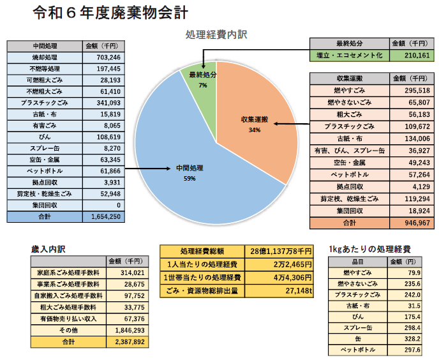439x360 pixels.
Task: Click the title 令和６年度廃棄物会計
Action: tap(109, 13)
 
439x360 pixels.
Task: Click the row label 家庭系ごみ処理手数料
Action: tap(68, 272)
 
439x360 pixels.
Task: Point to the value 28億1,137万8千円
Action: tap(280, 251)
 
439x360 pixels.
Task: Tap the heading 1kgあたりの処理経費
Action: tap(369, 248)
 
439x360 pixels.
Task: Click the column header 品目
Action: tap(357, 262)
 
